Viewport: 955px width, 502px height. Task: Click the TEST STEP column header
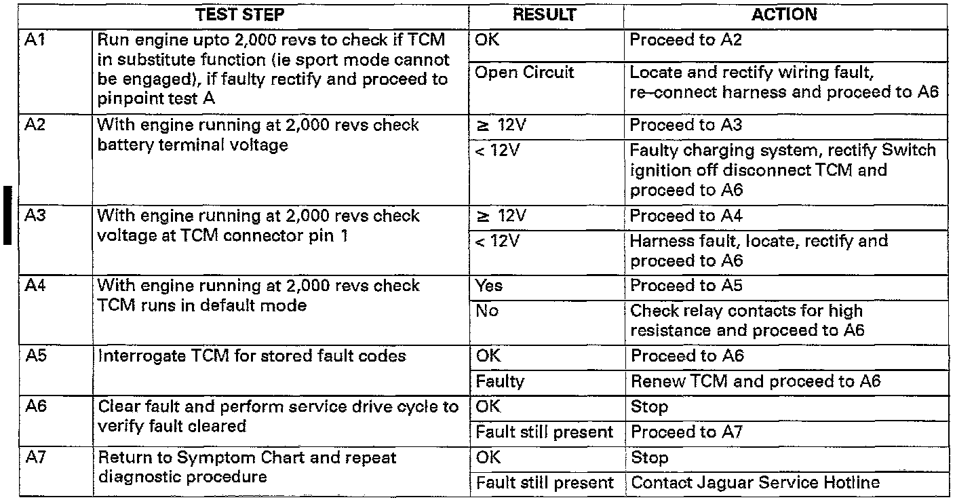coord(240,14)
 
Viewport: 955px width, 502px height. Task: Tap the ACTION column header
coord(783,14)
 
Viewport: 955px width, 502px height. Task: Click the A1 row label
coord(35,40)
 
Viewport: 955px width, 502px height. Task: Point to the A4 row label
coord(35,286)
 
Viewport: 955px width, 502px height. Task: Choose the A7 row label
coord(35,458)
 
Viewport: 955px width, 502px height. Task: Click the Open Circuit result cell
coord(524,73)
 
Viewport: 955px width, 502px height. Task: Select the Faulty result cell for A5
coord(500,381)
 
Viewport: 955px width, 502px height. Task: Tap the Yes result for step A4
coord(489,286)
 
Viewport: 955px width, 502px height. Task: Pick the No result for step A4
coord(486,311)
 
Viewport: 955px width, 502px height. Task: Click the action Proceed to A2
coord(686,40)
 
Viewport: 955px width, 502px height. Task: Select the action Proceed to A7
coord(686,432)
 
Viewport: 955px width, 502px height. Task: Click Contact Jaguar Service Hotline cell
coord(755,483)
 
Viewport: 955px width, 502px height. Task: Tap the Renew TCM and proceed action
coord(755,381)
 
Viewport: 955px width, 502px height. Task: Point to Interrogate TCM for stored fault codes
coord(252,356)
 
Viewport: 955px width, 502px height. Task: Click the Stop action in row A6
coord(649,407)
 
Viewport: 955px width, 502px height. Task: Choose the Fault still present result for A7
coord(544,483)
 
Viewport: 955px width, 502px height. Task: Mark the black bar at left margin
coord(7,213)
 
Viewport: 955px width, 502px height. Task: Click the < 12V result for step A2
coord(496,151)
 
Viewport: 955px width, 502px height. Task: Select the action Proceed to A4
coord(686,216)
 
